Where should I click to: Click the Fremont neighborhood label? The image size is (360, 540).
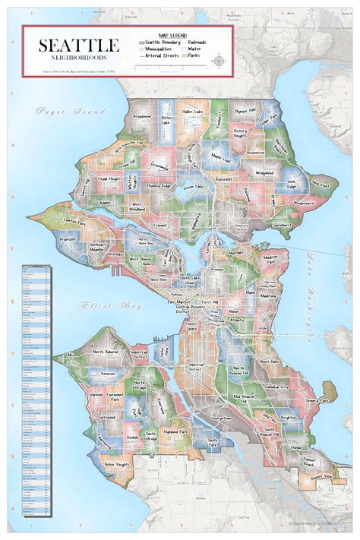(159, 226)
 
